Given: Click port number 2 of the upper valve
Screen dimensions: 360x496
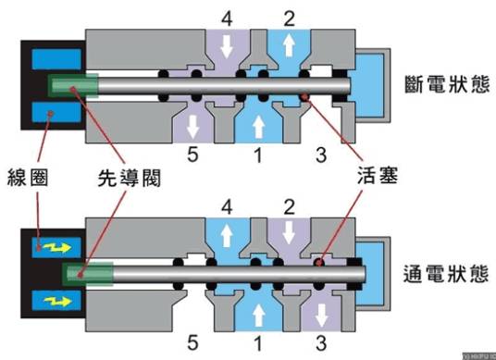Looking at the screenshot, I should [289, 18].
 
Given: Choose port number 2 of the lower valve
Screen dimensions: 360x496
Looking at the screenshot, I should [289, 204].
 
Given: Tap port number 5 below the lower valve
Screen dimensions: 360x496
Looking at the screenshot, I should [192, 345].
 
